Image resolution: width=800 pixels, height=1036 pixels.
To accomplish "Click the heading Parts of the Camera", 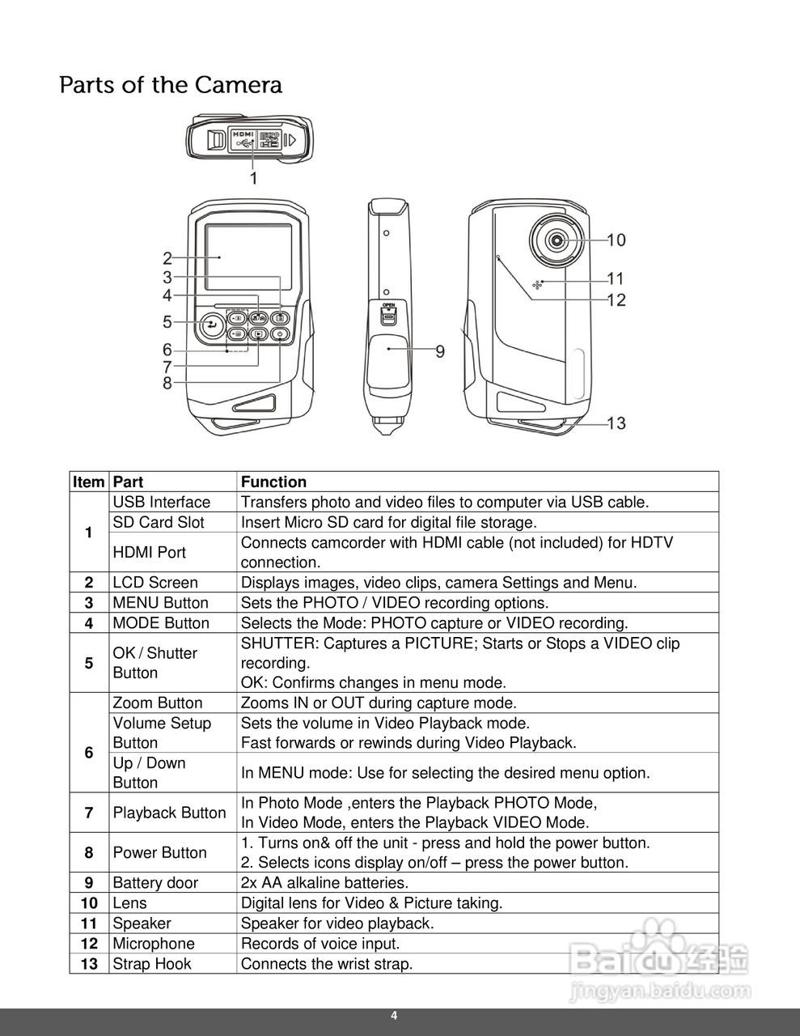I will [x=171, y=85].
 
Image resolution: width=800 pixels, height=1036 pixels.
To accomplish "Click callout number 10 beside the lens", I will [x=616, y=240].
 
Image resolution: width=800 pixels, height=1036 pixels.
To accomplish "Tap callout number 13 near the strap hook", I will [x=616, y=423].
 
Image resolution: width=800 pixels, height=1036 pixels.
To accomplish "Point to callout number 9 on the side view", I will [x=440, y=351].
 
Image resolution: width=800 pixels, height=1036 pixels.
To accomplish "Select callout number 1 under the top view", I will [x=253, y=178].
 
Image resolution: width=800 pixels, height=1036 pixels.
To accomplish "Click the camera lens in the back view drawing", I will [x=557, y=240].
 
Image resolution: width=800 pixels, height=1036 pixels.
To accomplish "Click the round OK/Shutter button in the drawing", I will [x=212, y=325].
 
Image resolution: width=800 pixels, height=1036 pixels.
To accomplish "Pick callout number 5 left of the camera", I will [x=167, y=322].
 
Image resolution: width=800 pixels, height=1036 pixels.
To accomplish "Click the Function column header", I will [x=273, y=482].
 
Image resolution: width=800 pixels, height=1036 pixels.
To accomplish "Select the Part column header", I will [x=128, y=482].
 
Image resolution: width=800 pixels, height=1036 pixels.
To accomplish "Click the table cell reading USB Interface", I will [x=162, y=503].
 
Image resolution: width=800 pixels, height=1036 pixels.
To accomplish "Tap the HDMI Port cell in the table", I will [x=150, y=552].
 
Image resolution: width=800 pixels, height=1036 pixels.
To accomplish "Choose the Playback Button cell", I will [x=169, y=813].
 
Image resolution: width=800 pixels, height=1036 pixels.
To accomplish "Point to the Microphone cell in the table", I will [x=154, y=944].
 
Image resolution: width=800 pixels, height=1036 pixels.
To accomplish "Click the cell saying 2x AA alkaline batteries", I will [x=324, y=883].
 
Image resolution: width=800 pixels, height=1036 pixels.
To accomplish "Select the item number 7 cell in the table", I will [x=88, y=813].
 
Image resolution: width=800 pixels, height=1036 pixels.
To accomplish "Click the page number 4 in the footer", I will [x=394, y=1017].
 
